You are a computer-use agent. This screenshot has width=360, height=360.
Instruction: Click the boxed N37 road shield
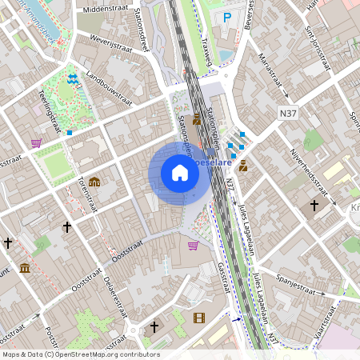point(290,115)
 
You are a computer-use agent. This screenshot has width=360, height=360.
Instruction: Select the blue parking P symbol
point(227,17)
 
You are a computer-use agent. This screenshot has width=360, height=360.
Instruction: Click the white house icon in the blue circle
point(179,173)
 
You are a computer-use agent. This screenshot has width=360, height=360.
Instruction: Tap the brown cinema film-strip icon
point(198,318)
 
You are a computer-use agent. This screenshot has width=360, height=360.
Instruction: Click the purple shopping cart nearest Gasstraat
point(193,245)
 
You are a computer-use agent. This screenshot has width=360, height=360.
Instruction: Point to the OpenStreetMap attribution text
point(80,354)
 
